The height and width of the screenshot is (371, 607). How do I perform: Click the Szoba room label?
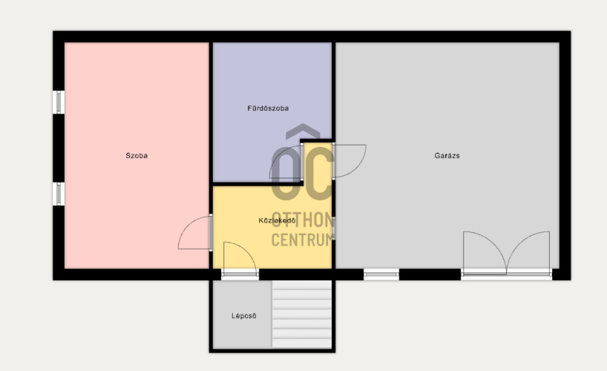tap(137, 156)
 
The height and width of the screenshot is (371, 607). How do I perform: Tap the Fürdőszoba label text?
tap(268, 108)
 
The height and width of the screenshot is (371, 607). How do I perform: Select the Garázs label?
tap(447, 156)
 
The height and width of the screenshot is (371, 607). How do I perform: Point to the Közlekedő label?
tap(278, 220)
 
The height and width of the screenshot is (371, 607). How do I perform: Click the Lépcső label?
tap(244, 316)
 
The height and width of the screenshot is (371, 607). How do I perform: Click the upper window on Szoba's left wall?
tap(59, 102)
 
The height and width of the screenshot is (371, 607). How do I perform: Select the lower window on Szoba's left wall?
tap(59, 194)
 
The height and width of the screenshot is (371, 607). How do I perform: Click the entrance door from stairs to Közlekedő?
tap(240, 275)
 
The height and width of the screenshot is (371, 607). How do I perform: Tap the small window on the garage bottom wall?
tap(381, 275)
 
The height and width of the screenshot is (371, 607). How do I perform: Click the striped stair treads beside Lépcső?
tap(301, 314)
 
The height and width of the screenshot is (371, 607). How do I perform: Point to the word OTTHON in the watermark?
tap(303, 220)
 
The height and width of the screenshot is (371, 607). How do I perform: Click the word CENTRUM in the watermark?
tap(302, 240)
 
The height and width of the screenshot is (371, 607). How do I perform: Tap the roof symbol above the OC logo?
tap(303, 131)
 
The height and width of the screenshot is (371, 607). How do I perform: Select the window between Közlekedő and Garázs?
tap(333, 229)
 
